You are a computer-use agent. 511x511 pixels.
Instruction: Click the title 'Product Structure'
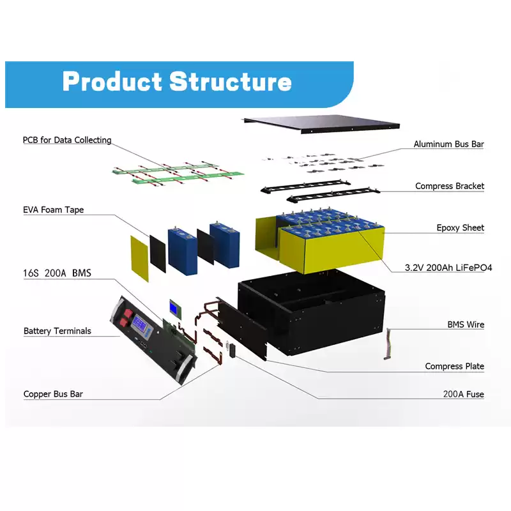coord(177,82)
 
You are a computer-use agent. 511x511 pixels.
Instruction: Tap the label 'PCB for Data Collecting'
coord(67,140)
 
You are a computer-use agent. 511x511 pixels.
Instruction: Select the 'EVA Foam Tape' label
coord(54,210)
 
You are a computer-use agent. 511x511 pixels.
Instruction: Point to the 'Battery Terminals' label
coord(57,331)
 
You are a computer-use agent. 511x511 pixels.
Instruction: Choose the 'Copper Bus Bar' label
coord(54,394)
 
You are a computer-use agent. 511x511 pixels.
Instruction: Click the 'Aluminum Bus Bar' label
coord(448,144)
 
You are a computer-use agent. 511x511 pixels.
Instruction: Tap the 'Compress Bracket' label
coord(450,187)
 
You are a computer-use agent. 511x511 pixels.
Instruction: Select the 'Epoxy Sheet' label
coord(460,227)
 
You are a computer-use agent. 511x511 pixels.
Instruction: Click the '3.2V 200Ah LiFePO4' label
coord(444,268)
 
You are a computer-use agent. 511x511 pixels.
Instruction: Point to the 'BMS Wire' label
coord(466,324)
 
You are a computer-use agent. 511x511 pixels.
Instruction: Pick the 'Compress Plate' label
coord(454,366)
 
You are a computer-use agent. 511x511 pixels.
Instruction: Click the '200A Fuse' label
coord(463,394)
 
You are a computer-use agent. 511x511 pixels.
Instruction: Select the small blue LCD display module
coord(174,307)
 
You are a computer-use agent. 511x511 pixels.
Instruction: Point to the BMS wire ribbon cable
coord(388,345)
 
